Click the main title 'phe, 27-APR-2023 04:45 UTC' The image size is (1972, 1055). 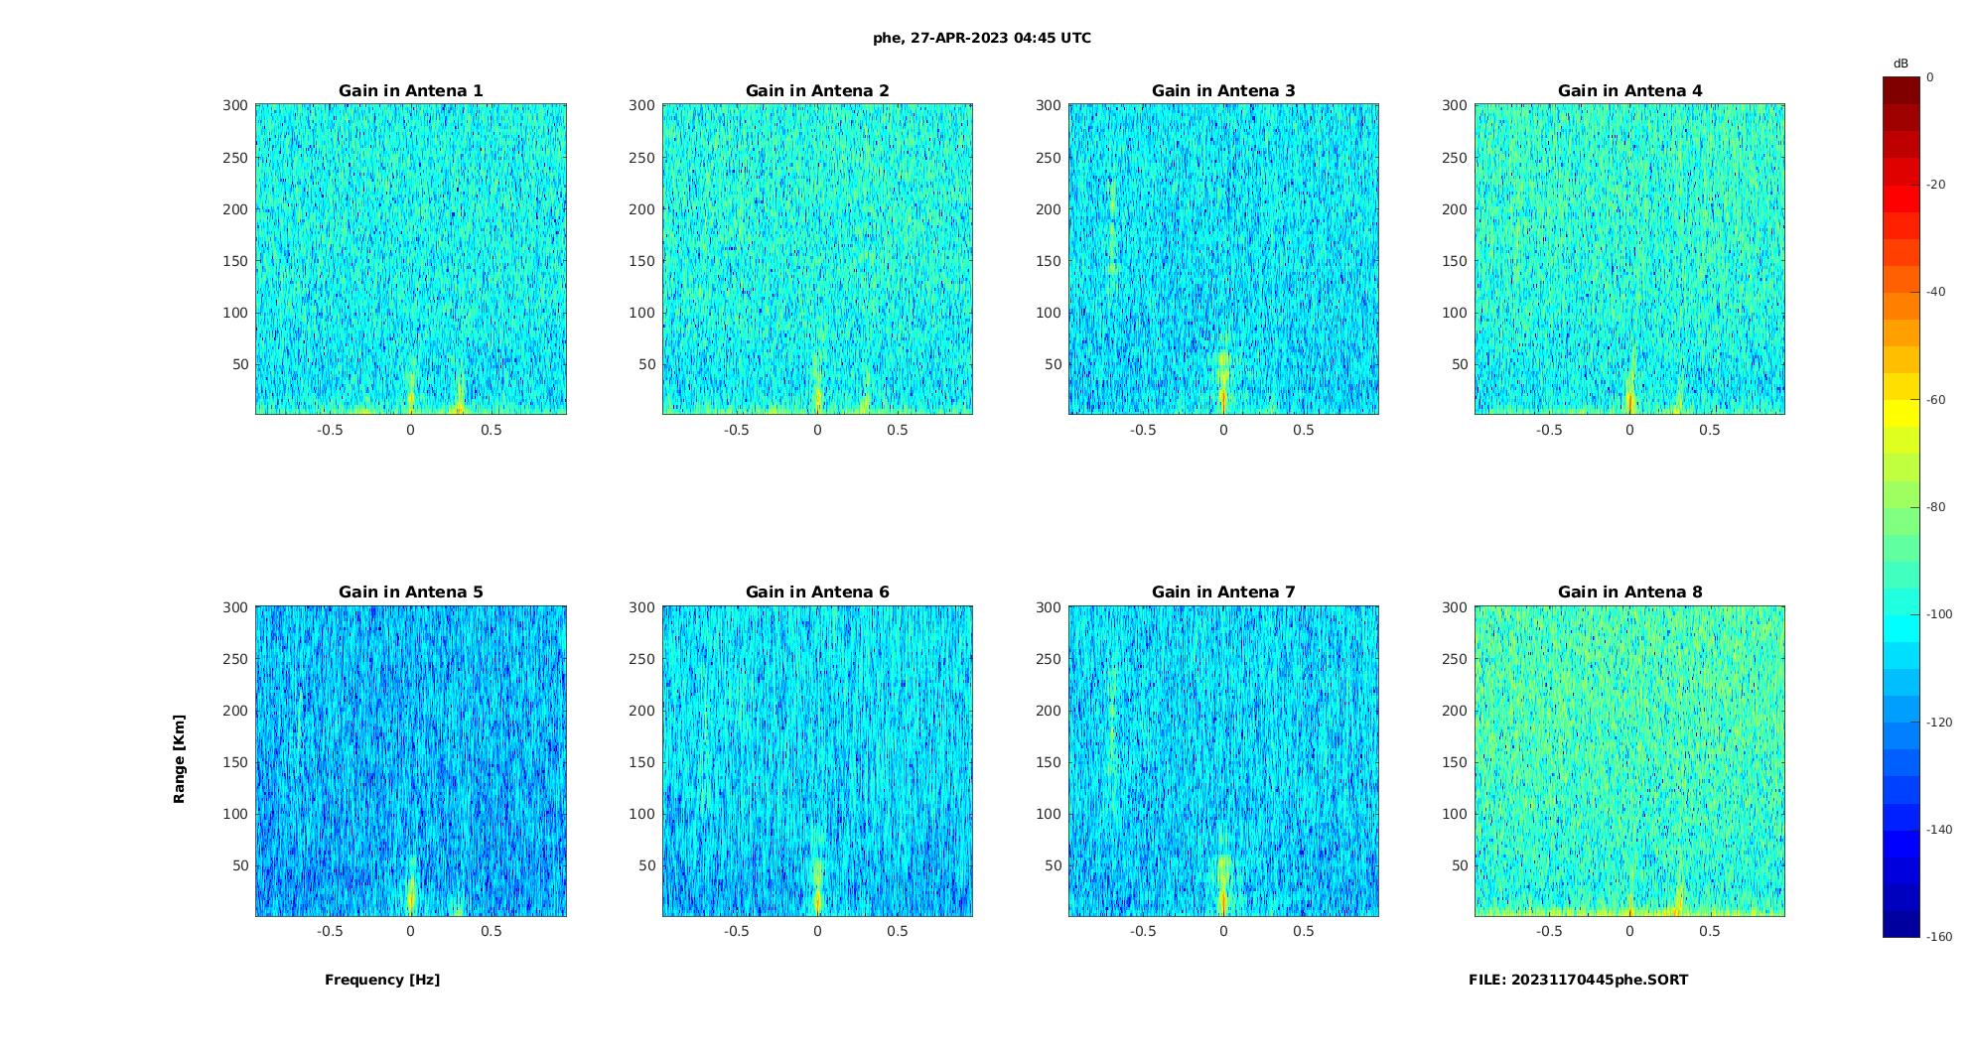click(981, 39)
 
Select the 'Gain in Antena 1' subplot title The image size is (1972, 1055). click(411, 91)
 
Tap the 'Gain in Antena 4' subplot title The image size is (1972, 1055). click(1629, 91)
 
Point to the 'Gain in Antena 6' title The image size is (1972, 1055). click(817, 593)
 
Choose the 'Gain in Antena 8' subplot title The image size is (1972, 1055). click(1629, 593)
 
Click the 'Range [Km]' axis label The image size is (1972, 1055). click(180, 759)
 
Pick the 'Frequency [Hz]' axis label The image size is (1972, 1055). click(382, 981)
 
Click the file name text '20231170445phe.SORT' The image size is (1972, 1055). click(1600, 981)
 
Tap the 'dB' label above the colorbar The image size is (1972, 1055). click(1901, 64)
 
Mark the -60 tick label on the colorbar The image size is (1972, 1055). click(1935, 400)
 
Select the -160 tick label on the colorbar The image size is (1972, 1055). click(1938, 937)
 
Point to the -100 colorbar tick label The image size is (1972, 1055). click(1938, 614)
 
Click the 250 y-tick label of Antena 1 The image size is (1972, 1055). click(235, 158)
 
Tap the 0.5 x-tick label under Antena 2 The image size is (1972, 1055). click(898, 431)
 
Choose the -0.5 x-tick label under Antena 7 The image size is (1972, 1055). click(1143, 932)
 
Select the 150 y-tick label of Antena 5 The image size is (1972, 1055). click(235, 762)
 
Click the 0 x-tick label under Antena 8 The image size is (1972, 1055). click(1629, 932)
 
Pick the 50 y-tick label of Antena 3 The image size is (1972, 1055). click(1053, 364)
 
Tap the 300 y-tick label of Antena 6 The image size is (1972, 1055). click(642, 607)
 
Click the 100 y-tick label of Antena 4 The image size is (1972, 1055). click(1455, 313)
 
